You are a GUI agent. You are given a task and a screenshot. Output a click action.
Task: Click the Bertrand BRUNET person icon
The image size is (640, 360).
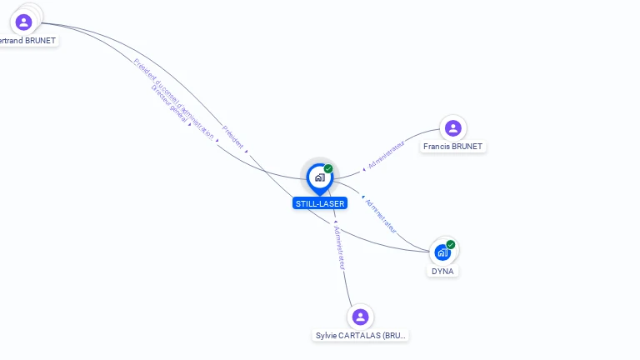pos(23,22)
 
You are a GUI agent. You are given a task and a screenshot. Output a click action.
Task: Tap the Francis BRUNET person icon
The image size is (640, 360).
pos(452,127)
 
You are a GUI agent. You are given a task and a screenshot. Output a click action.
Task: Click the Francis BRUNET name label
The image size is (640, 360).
pos(452,147)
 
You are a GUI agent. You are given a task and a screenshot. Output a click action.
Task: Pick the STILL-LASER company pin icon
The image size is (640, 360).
pos(319,177)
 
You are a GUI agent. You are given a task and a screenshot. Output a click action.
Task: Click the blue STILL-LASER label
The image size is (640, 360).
pos(319,203)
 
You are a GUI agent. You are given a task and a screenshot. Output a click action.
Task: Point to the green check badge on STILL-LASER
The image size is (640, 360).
pos(328,168)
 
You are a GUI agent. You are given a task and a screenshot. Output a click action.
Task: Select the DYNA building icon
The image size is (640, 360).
pos(442,252)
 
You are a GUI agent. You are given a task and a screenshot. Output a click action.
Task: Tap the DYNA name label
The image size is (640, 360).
pos(443,271)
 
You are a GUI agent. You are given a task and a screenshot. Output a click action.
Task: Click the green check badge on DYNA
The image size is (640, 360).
pos(451,244)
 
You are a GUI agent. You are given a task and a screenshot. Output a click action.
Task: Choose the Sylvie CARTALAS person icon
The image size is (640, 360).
pos(360,317)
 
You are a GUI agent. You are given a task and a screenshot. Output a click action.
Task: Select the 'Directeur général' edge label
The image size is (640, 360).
pos(170,112)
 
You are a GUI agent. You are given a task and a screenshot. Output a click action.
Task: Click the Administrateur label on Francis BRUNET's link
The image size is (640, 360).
pos(386,156)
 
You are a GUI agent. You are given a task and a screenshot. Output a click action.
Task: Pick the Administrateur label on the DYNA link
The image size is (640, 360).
pos(382,215)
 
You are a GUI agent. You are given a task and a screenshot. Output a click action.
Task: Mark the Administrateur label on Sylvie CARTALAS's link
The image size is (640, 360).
pos(339,247)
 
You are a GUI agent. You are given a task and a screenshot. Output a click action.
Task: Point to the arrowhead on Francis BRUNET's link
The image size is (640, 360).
pos(363,170)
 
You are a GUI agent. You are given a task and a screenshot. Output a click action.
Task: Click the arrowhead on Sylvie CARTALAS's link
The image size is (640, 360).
pos(335,222)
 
